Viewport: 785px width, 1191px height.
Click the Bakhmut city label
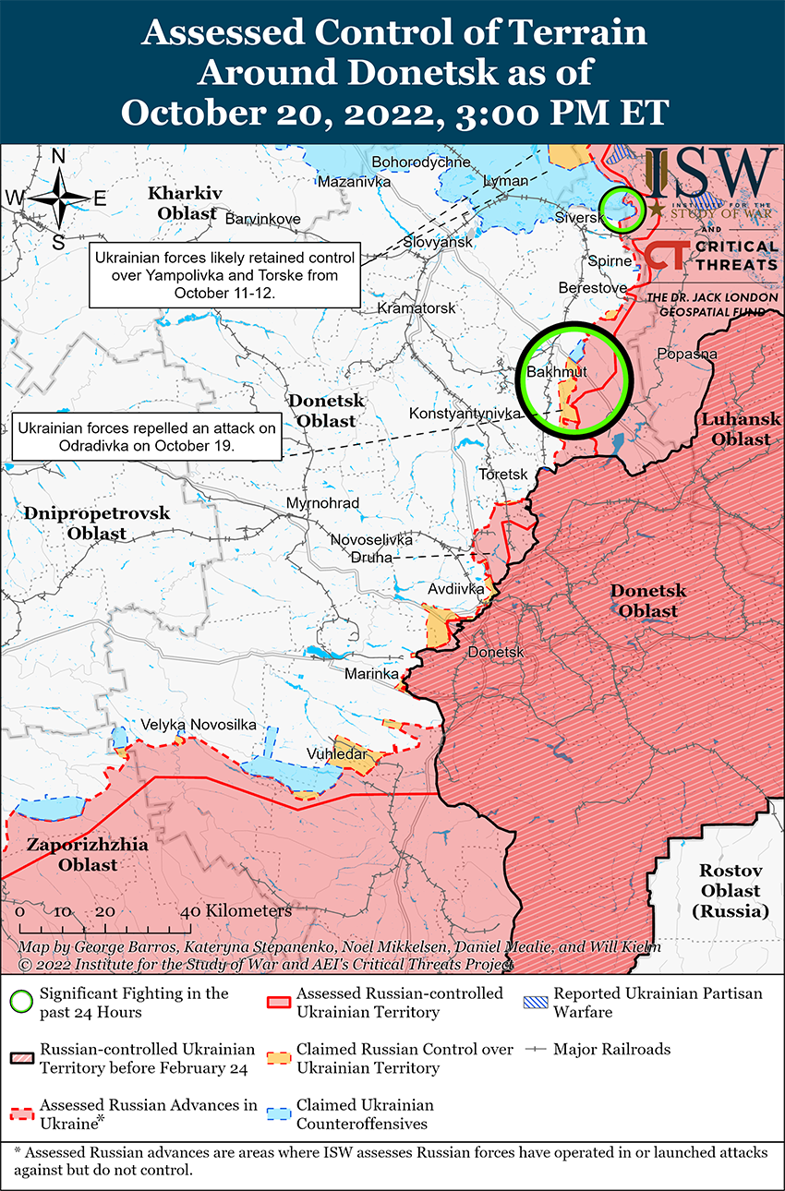click(x=556, y=371)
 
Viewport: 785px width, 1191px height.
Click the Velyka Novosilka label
click(x=198, y=725)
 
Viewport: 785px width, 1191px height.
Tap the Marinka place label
click(x=371, y=675)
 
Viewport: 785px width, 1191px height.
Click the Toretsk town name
click(x=502, y=474)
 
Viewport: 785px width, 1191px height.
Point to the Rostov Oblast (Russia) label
click(x=730, y=891)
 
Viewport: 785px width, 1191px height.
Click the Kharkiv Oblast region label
click(x=186, y=203)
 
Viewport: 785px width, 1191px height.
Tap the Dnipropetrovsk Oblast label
click(x=97, y=523)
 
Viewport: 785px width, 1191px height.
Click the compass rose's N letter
click(x=57, y=157)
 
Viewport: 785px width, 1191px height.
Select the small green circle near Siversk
click(x=621, y=208)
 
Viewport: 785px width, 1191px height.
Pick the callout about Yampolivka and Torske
click(x=224, y=276)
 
